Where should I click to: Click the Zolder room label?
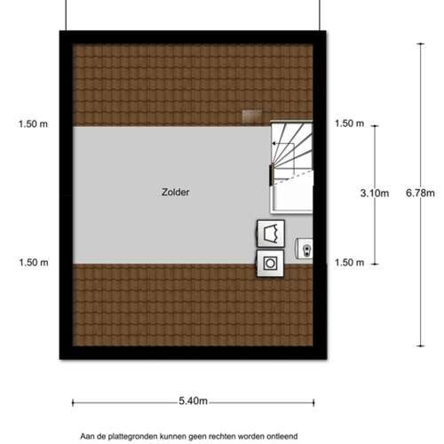click(176, 192)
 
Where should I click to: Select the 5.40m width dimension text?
click(193, 401)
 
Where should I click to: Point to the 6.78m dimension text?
click(420, 193)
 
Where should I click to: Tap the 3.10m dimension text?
click(375, 194)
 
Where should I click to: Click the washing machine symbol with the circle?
click(270, 264)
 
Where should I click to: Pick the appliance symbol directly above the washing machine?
click(271, 234)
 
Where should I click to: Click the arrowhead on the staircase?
click(274, 144)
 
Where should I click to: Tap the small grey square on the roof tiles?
click(252, 115)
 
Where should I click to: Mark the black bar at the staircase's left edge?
click(271, 175)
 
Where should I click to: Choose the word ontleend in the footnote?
click(282, 436)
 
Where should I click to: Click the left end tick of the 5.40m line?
click(73, 402)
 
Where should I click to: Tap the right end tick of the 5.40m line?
click(313, 402)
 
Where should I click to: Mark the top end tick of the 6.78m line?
click(420, 44)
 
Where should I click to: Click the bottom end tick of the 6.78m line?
click(420, 345)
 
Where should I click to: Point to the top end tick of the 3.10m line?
click(375, 126)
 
